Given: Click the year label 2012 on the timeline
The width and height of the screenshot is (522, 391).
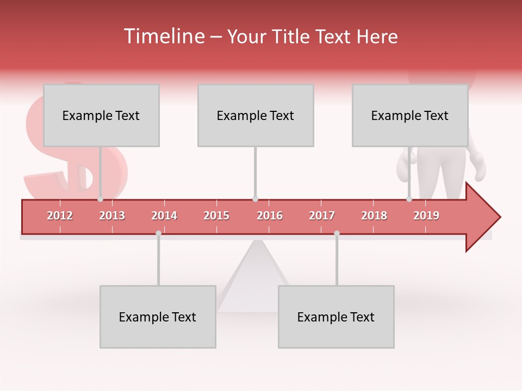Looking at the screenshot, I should (x=60, y=216).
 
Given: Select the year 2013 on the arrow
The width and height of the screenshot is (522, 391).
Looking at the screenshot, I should (x=112, y=216).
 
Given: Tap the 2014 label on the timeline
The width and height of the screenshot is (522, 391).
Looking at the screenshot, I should (x=164, y=216).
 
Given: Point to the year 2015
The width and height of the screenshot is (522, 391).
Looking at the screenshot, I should (x=216, y=216).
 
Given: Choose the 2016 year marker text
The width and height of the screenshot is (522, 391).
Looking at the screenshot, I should (x=270, y=216).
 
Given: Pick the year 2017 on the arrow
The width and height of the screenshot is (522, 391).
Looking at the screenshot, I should (x=322, y=216).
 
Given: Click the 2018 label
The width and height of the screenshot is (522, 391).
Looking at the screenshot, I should (x=374, y=216).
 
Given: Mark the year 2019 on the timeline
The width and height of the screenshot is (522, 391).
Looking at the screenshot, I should (x=426, y=216).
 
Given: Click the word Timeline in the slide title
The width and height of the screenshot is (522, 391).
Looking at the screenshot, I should (x=163, y=36).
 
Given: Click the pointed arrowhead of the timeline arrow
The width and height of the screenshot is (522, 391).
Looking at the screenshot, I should (x=484, y=217).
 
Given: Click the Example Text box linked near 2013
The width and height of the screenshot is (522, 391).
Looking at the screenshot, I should (x=101, y=115).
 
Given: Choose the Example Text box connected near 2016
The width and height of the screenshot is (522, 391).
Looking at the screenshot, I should (x=256, y=115).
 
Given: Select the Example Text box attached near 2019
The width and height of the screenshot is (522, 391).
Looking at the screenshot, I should (x=410, y=115).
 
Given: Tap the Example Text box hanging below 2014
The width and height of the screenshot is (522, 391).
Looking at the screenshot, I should (x=158, y=317).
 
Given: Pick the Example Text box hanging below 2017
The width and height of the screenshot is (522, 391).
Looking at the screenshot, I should (x=336, y=317).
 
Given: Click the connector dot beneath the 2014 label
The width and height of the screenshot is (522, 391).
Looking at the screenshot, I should (x=158, y=233).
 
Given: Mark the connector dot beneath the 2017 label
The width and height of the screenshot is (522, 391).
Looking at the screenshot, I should (x=337, y=233).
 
